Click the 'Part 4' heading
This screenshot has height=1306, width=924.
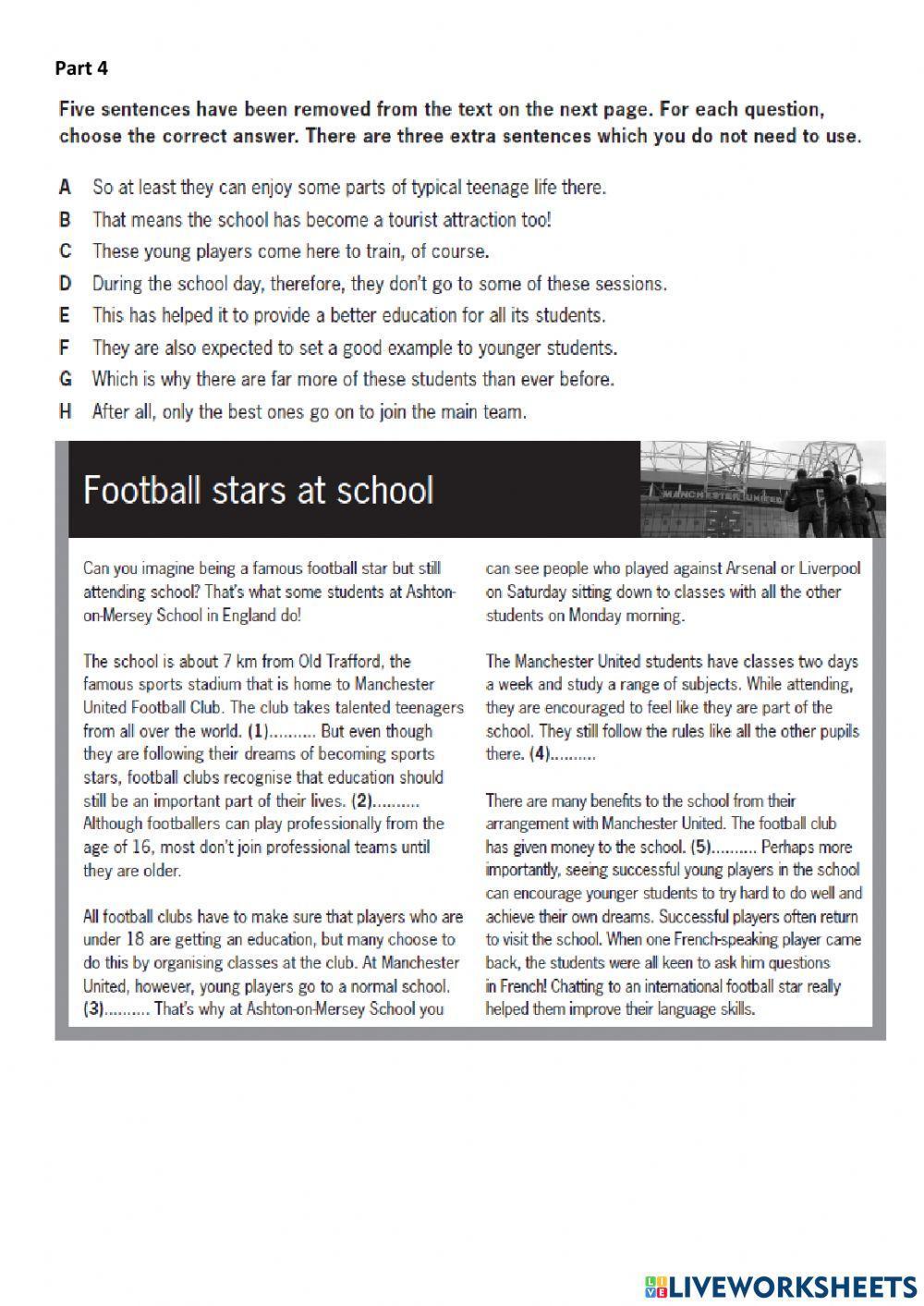81,67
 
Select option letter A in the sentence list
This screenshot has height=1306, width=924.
65,188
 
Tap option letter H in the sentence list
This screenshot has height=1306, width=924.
65,412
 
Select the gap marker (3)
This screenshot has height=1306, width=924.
94,1009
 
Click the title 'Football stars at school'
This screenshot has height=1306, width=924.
258,490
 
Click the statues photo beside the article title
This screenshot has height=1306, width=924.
761,489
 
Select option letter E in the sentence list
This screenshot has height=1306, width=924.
65,315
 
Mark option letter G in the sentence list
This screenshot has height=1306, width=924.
65,379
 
